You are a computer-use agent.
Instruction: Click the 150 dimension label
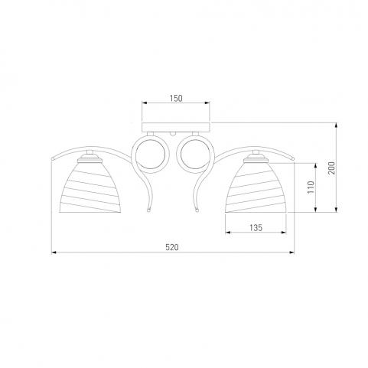176,98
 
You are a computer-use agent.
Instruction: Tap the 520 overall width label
172,247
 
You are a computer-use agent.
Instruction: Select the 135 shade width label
256,227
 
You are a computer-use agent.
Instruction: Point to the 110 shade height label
311,187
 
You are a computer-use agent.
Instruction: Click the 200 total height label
331,168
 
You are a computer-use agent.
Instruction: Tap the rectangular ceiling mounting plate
176,127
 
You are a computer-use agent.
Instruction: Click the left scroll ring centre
151,155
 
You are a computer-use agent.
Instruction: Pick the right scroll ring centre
195,155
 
